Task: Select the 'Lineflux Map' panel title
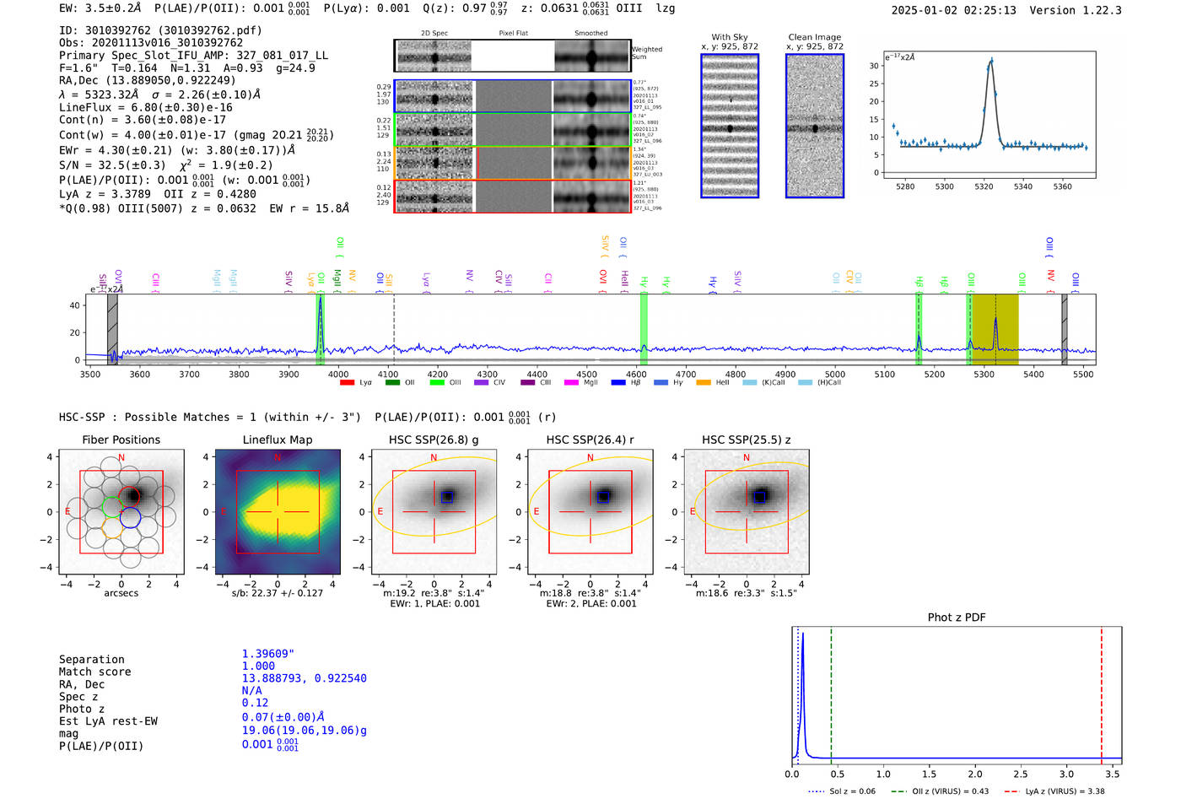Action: click(x=278, y=440)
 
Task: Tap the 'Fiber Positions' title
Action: click(x=121, y=440)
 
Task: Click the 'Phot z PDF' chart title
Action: click(x=957, y=618)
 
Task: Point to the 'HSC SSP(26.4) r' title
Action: click(x=590, y=440)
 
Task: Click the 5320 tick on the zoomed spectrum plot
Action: click(x=984, y=186)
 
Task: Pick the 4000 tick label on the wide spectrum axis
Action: click(x=338, y=375)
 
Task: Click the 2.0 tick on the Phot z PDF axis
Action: click(x=975, y=774)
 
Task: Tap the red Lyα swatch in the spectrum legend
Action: click(x=347, y=383)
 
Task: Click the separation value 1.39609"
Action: click(x=268, y=654)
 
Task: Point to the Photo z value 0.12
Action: click(x=255, y=703)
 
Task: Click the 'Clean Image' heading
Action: click(x=814, y=37)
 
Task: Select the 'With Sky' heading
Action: click(x=729, y=37)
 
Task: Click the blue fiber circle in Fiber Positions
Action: click(x=130, y=518)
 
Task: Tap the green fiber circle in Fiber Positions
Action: click(x=112, y=507)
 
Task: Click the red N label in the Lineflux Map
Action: click(x=278, y=458)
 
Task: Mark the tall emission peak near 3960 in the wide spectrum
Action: click(x=320, y=300)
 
